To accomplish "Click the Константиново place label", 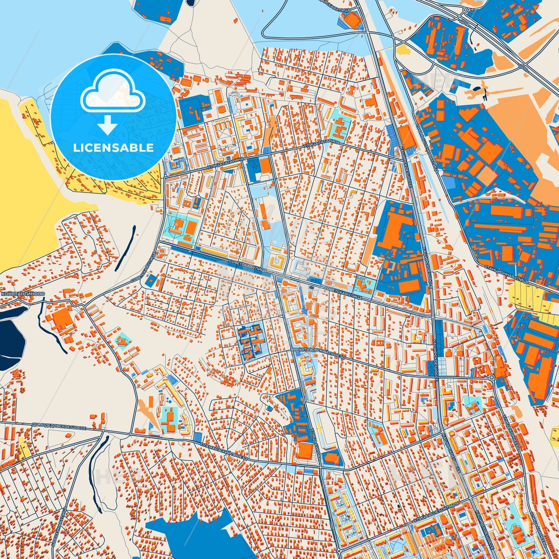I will pos(23,294).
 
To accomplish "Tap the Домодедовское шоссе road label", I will pos(58,426).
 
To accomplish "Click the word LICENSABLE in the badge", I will pos(113,148).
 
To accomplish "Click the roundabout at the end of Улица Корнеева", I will pos(491,377).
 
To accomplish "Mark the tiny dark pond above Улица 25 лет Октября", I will pos(398,506).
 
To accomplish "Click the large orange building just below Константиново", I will pos(60,319).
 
